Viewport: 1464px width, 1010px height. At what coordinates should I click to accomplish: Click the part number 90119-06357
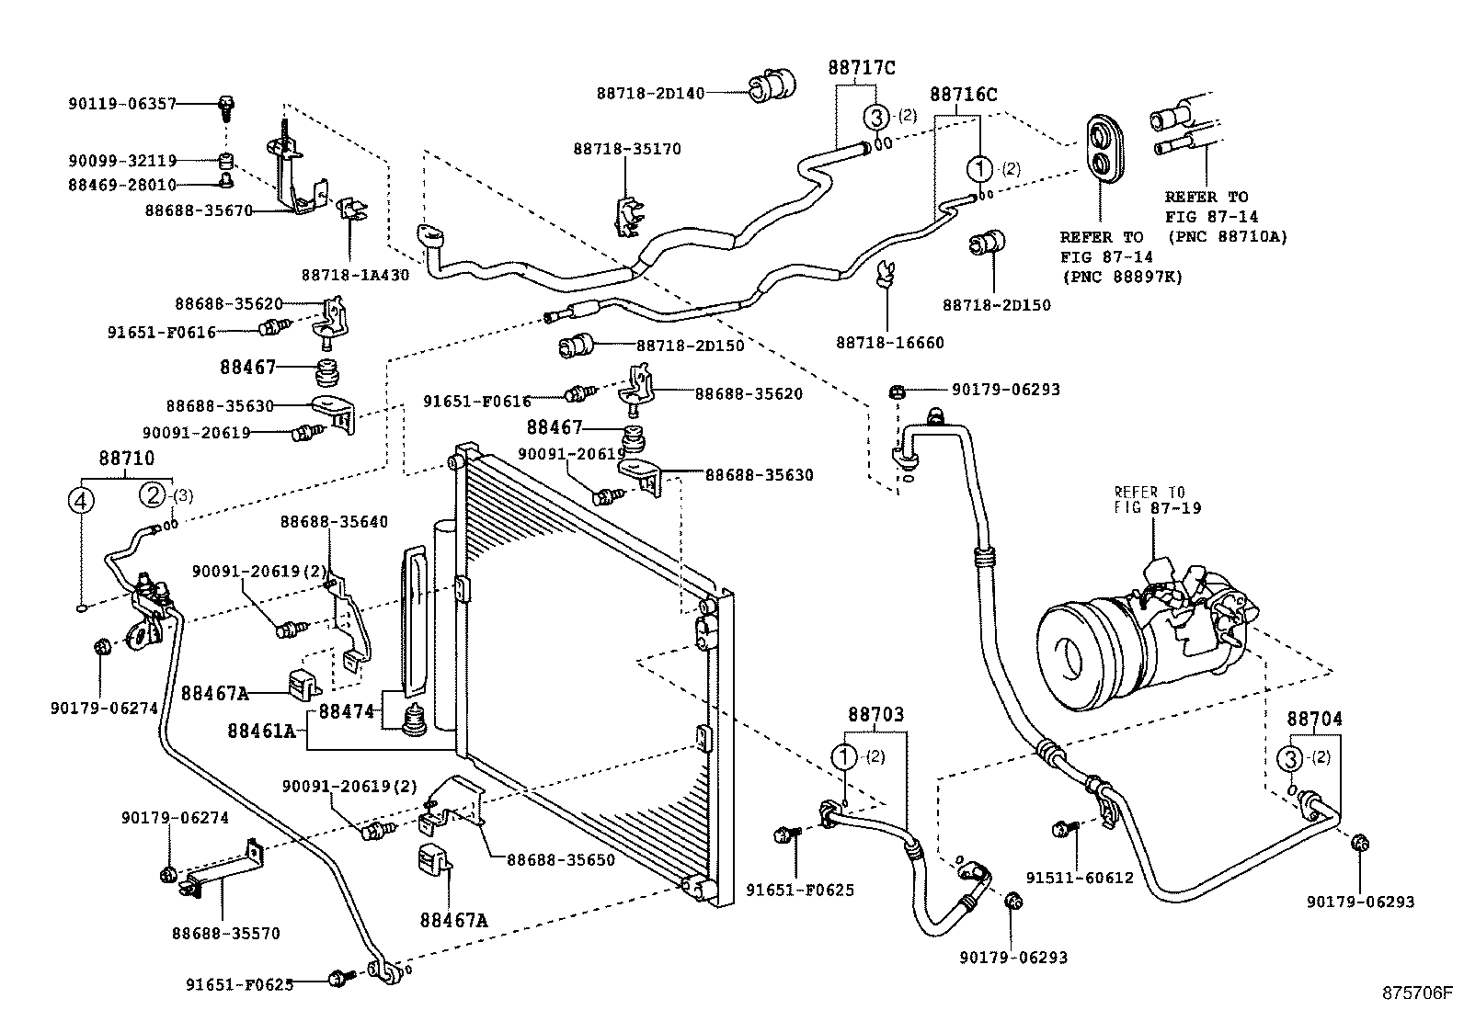pyautogui.click(x=121, y=105)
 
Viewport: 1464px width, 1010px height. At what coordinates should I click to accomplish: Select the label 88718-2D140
pyautogui.click(x=650, y=93)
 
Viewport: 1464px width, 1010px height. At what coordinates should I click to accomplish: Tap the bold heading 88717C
pyautogui.click(x=861, y=67)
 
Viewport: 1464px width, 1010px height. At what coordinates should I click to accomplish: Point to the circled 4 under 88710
pyautogui.click(x=82, y=501)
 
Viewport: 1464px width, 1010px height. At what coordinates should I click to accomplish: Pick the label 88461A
pyautogui.click(x=261, y=732)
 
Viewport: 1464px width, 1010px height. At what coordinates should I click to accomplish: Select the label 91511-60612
pyautogui.click(x=1089, y=878)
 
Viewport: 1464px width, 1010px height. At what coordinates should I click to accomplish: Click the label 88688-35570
pyautogui.click(x=225, y=934)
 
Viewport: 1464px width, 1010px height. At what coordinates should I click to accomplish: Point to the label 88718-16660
pyautogui.click(x=889, y=343)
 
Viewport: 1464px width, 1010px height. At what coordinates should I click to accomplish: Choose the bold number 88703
pyautogui.click(x=875, y=714)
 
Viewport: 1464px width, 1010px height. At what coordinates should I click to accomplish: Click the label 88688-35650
pyautogui.click(x=560, y=860)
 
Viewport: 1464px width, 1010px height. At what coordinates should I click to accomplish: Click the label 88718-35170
pyautogui.click(x=627, y=149)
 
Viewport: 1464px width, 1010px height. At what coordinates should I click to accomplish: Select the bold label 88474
pyautogui.click(x=346, y=711)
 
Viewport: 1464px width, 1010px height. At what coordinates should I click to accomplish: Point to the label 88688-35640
pyautogui.click(x=334, y=522)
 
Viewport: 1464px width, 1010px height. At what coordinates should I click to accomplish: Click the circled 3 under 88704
pyautogui.click(x=1290, y=758)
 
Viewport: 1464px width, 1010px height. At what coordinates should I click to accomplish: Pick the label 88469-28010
pyautogui.click(x=121, y=185)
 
